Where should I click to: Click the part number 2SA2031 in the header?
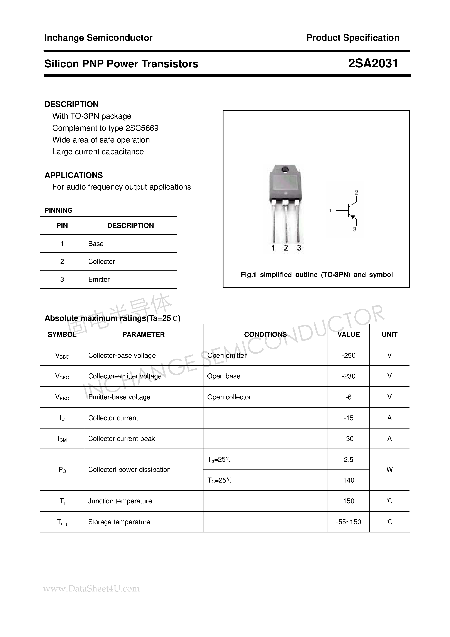[x=373, y=64]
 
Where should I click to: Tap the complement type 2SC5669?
[x=142, y=128]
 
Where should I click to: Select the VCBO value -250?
[x=348, y=355]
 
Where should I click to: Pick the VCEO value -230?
[x=348, y=376]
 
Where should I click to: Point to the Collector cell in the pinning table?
[x=102, y=262]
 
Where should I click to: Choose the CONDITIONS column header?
[x=265, y=335]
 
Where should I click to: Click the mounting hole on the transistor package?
[x=285, y=169]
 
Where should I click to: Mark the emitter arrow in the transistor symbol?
[x=353, y=217]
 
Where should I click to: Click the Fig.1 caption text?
[x=316, y=275]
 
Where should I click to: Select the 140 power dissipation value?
[x=348, y=480]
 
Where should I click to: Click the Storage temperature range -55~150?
[x=348, y=522]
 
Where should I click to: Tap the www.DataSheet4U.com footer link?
[x=91, y=588]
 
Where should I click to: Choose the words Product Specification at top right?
[x=353, y=38]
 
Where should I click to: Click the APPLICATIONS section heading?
[x=74, y=175]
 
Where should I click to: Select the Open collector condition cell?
[x=229, y=397]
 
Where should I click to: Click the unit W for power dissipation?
[x=389, y=469]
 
